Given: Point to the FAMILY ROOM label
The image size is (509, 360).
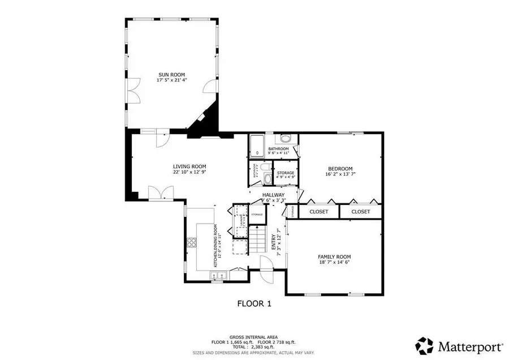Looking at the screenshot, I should tap(334, 256).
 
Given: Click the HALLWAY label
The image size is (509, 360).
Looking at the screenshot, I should tap(273, 195).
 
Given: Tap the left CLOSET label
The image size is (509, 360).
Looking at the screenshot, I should tap(318, 212).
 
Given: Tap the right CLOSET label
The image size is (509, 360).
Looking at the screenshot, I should tap(360, 212).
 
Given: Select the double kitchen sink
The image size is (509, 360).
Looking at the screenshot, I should tap(218, 276).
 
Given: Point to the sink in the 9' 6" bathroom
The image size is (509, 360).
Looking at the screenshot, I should tap(286, 139).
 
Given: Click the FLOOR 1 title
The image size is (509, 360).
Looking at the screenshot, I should tap(254, 304).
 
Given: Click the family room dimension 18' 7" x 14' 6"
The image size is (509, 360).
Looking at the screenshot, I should tap(334, 262).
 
